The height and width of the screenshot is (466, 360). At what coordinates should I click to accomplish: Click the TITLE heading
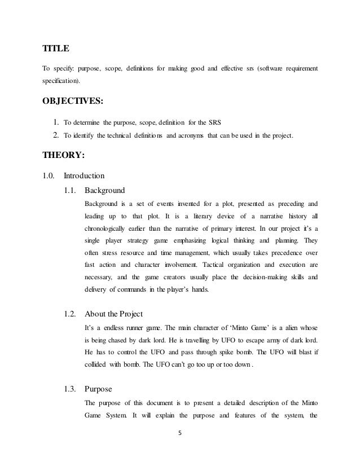click(56, 49)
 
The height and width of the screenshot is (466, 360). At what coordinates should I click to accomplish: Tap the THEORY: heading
click(64, 157)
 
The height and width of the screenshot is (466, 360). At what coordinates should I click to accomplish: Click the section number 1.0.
click(49, 175)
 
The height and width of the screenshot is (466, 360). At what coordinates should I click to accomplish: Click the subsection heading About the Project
click(113, 314)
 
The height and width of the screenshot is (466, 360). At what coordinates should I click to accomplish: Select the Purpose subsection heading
click(98, 389)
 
